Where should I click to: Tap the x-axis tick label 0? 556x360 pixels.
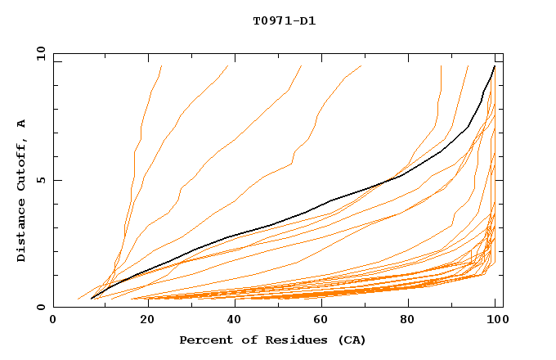point(53,320)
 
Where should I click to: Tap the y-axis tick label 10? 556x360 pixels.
point(40,54)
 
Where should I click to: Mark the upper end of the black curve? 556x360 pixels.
point(494,66)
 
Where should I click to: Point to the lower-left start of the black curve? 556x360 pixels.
point(92,299)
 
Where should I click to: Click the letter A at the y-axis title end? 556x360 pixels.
point(22,124)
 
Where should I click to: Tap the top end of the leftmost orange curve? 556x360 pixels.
point(162,66)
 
